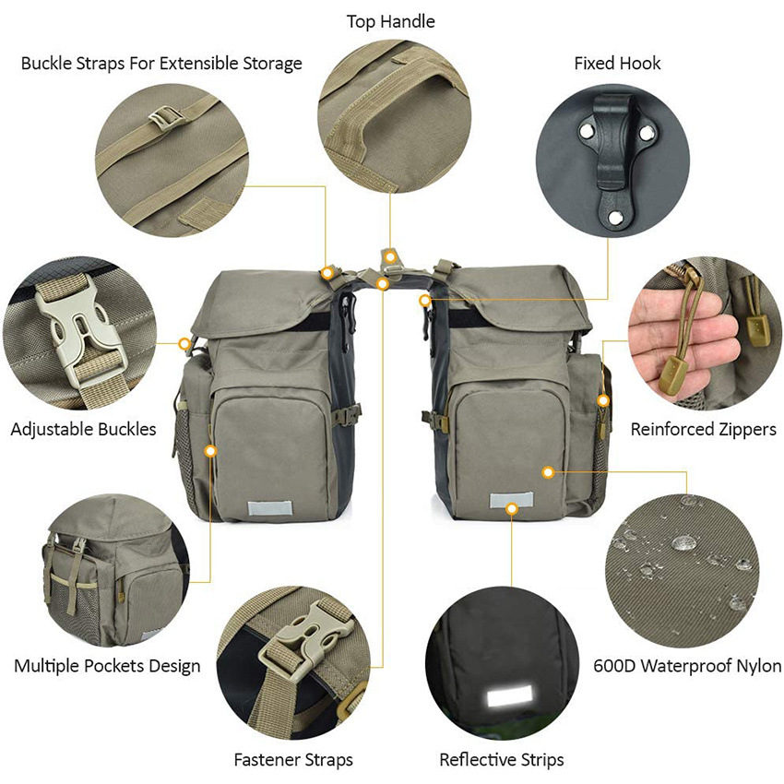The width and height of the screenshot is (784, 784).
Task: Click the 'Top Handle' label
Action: [390, 20]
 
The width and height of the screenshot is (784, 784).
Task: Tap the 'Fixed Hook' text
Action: [617, 64]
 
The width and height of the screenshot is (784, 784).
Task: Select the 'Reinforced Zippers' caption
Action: [704, 429]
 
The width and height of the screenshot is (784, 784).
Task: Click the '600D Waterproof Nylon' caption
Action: [687, 665]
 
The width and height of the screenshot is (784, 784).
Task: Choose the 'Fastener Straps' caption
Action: [293, 760]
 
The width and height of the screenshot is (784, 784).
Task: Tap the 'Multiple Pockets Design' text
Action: [107, 665]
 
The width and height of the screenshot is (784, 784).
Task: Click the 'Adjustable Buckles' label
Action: [83, 429]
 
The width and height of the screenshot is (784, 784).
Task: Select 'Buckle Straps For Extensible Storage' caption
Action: [161, 64]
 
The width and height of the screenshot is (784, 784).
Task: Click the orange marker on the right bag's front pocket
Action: [548, 471]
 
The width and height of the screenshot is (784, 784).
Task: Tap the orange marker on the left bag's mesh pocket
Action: [210, 452]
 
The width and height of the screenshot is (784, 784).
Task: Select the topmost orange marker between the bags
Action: [391, 255]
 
